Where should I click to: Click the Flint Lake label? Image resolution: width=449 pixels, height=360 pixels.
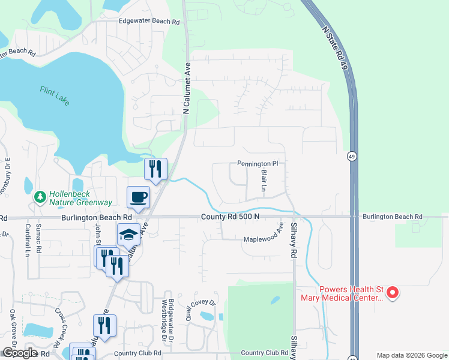55,95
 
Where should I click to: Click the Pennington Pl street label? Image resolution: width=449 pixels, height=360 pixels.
258,163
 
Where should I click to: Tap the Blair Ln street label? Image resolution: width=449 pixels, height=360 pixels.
263,181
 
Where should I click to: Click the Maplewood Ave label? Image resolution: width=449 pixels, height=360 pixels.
263,239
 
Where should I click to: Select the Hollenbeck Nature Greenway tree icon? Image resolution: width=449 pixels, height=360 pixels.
40,196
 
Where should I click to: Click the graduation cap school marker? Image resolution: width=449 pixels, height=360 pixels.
128,235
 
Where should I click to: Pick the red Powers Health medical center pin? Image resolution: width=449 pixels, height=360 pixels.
393,293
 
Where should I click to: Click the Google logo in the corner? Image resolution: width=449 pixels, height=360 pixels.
19,353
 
